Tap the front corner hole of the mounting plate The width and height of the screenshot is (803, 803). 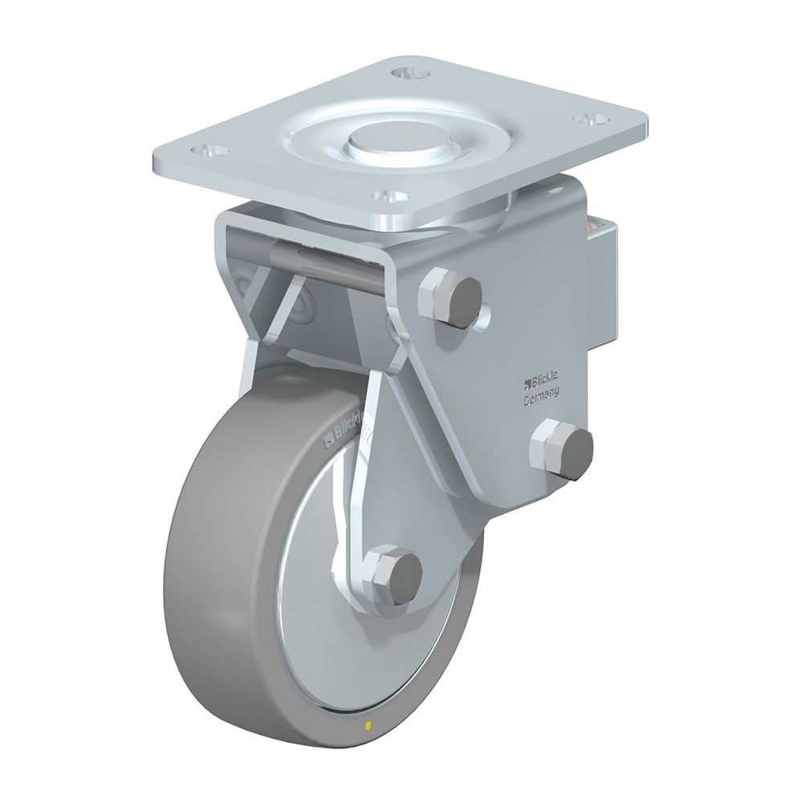pyautogui.click(x=391, y=195)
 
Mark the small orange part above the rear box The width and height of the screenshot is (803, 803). pyautogui.click(x=594, y=227)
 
